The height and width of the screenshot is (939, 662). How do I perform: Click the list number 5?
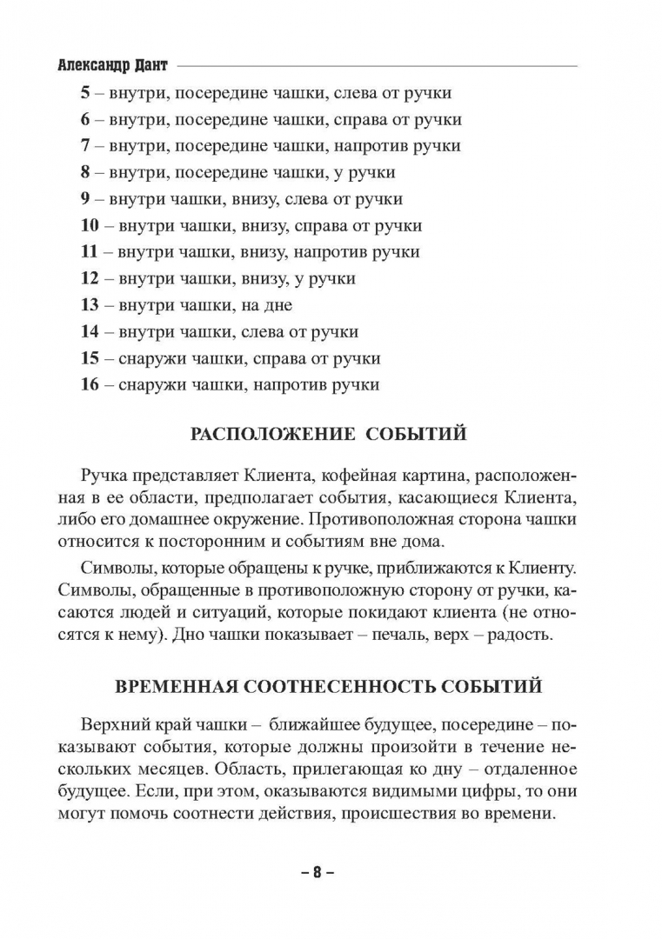85,92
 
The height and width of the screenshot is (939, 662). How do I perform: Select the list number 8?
85,172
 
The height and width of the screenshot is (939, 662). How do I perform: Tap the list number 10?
90,226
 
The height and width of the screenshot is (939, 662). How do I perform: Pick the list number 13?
90,305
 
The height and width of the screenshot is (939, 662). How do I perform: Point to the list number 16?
90,384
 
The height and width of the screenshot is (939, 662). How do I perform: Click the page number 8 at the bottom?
318,871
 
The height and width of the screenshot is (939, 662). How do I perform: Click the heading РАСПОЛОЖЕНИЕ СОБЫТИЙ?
330,433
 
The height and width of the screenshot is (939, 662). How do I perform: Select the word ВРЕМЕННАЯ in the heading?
171,687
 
